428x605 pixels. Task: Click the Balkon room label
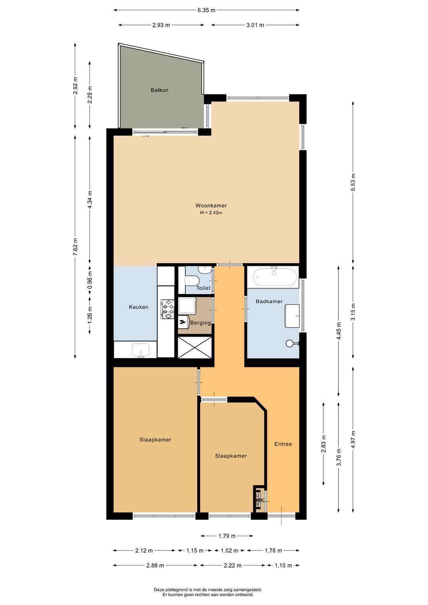click(x=159, y=90)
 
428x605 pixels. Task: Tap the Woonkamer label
click(x=211, y=205)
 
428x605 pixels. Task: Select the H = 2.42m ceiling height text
click(x=211, y=213)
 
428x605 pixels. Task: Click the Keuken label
click(x=138, y=307)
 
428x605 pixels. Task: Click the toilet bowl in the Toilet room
click(x=193, y=280)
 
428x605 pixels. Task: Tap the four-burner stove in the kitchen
click(x=168, y=309)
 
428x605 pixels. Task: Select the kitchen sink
click(x=140, y=350)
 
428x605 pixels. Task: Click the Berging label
click(x=201, y=323)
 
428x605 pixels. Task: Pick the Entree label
click(x=283, y=444)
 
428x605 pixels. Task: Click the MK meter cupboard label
click(x=260, y=500)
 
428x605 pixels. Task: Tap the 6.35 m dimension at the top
click(x=206, y=10)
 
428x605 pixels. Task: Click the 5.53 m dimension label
click(x=353, y=182)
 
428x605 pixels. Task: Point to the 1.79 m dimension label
click(x=227, y=536)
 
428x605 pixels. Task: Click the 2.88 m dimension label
click(x=155, y=565)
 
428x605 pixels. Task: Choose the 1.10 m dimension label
click(x=283, y=565)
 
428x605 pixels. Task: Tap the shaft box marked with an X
click(x=195, y=347)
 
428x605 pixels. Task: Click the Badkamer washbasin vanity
click(x=292, y=316)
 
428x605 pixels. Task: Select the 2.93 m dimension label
click(x=161, y=25)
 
